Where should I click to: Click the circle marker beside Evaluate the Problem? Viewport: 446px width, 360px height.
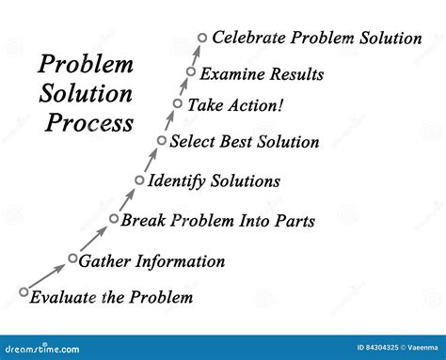(24, 292)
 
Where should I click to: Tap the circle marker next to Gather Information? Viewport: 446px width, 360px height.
(72, 258)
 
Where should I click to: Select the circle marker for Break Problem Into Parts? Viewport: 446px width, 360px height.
(114, 219)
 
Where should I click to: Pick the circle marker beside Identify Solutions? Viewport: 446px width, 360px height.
(140, 180)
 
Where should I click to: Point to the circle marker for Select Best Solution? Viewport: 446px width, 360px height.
(162, 141)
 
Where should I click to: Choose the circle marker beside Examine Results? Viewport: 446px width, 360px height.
(191, 71)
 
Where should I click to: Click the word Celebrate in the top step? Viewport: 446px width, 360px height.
(248, 38)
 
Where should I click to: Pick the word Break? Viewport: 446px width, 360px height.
(142, 221)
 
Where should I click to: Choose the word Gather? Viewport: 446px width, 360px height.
(105, 260)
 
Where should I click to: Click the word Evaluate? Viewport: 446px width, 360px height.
(60, 298)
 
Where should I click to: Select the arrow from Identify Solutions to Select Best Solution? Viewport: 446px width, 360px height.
(151, 160)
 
